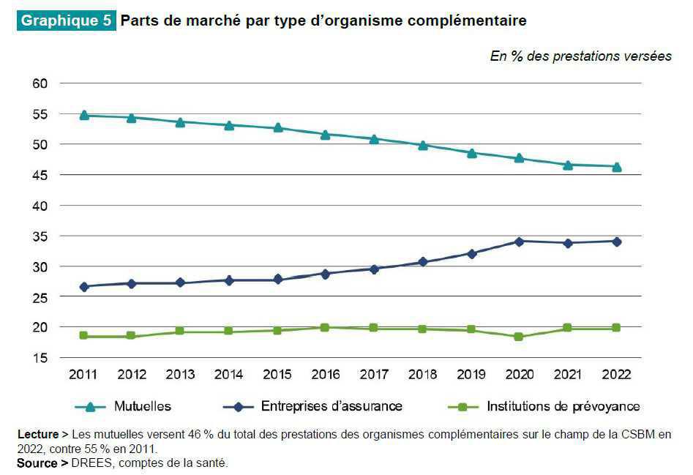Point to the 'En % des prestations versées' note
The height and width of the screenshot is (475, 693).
tap(580, 57)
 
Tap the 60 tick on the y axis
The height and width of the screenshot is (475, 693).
tap(40, 83)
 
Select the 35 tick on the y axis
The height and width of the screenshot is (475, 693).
tap(40, 236)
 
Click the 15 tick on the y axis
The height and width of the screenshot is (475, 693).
tap(40, 358)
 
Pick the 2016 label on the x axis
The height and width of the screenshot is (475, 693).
tap(326, 375)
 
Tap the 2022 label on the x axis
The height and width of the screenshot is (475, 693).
tap(617, 375)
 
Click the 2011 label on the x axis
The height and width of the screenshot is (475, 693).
tap(83, 375)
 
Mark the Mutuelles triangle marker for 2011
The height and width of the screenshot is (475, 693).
tap(84, 114)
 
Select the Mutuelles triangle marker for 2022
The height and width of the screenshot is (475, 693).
tap(617, 166)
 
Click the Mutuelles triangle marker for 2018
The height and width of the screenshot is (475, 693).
tap(423, 145)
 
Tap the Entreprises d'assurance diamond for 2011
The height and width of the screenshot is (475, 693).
tap(84, 287)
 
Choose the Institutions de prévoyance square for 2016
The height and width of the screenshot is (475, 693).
tap(326, 328)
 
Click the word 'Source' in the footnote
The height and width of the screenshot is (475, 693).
tap(37, 463)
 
